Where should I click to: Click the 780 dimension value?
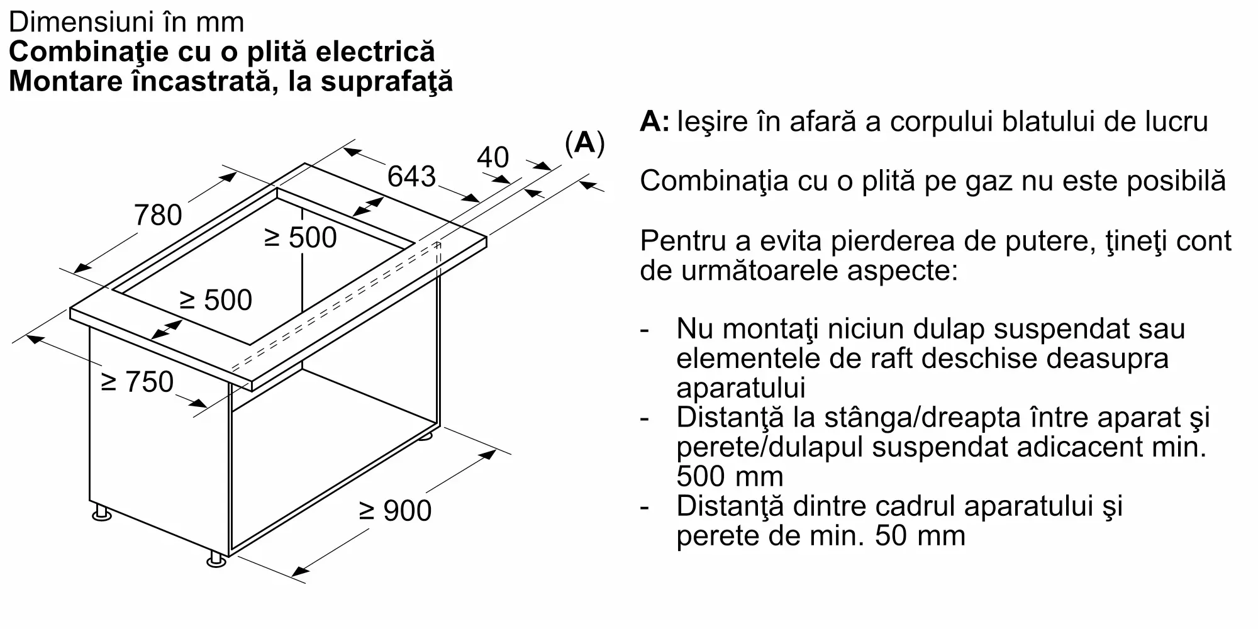click(158, 215)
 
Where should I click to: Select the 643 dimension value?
click(411, 176)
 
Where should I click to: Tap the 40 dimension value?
click(493, 157)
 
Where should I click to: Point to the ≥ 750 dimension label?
click(137, 382)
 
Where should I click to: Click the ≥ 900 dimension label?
click(395, 510)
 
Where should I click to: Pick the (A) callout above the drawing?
click(584, 143)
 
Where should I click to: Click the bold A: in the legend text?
click(655, 121)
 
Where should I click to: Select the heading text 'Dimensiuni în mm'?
click(126, 23)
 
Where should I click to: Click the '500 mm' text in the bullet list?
click(730, 476)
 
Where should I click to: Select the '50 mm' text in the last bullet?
click(920, 535)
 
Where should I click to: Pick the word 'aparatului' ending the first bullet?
click(741, 388)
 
